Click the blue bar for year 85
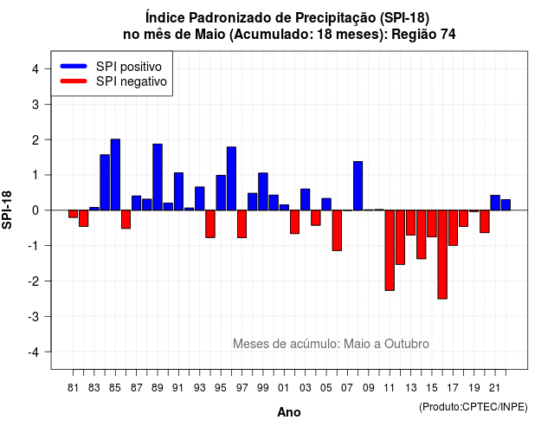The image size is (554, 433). tap(115, 175)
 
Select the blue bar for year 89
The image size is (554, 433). tap(158, 177)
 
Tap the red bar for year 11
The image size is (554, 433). tap(390, 250)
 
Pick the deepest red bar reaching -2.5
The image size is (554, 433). tap(442, 255)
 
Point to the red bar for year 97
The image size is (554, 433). tap(242, 223)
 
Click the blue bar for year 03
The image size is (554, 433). tap(306, 200)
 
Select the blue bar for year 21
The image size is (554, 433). tap(495, 203)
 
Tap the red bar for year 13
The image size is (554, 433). tap(410, 223)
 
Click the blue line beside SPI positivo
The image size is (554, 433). tap(74, 66)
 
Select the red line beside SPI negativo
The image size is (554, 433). tap(74, 81)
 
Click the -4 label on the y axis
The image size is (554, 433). tap(34, 352)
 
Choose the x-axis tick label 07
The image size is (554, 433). tap(347, 388)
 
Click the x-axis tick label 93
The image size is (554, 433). tap(200, 388)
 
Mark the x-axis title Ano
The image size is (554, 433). tap(289, 412)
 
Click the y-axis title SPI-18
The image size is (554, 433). tap(7, 210)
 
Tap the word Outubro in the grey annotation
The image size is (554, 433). tap(407, 344)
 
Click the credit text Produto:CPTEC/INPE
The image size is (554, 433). tap(473, 407)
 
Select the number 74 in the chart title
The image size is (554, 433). tap(448, 35)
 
